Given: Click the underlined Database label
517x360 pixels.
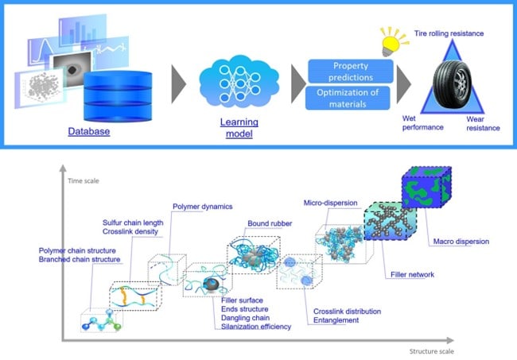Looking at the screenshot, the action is [89, 131].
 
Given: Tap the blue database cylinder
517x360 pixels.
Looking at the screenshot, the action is [118, 96].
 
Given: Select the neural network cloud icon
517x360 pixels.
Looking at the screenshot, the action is [239, 82].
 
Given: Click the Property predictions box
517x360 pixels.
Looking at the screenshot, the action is [351, 72].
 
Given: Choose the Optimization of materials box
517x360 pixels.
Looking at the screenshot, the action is [348, 98].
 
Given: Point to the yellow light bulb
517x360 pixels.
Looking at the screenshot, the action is [393, 42].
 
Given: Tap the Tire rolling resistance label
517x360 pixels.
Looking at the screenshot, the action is [449, 33].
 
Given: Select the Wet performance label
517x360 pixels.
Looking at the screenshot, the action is [422, 123].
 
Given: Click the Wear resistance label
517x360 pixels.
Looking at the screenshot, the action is [483, 123].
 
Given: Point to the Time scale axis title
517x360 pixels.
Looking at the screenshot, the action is [84, 181].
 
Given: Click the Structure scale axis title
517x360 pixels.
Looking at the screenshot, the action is [432, 351].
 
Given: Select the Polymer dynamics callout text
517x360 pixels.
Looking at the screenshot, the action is [203, 207].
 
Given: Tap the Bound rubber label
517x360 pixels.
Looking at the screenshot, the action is [270, 223].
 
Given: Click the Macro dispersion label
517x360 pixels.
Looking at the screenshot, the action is [461, 242].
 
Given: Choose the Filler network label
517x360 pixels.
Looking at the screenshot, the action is [412, 274].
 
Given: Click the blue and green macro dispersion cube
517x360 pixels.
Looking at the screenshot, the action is [426, 187].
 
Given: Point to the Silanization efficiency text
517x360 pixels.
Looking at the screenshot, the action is [256, 327].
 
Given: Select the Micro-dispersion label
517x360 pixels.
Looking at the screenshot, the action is [330, 203].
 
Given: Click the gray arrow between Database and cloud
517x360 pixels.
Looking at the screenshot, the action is [179, 84].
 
